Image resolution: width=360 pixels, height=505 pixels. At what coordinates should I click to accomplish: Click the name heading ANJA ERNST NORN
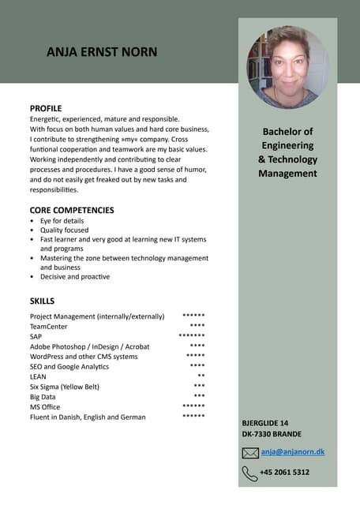[x=102, y=52]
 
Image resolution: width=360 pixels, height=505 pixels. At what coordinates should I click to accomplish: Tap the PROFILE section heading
[x=46, y=108]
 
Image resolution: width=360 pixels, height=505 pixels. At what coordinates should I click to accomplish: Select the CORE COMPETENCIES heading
[x=72, y=211]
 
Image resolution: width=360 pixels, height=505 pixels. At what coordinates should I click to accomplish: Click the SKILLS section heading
[x=42, y=301]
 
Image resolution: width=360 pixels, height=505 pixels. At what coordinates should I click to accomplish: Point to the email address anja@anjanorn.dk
[x=293, y=452]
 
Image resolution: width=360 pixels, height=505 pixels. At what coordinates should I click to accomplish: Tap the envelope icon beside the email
[x=250, y=453]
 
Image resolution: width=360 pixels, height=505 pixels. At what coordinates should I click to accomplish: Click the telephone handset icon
[x=250, y=473]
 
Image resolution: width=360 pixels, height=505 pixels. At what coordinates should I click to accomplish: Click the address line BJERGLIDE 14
[x=265, y=423]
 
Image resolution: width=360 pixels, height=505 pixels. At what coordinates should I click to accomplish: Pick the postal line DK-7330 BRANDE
[x=272, y=434]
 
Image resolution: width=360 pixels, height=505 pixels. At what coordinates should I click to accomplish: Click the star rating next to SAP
[x=192, y=336]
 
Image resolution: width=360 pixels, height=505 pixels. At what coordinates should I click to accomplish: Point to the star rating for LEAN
[x=201, y=376]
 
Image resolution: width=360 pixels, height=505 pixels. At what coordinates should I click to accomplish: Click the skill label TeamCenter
[x=49, y=327]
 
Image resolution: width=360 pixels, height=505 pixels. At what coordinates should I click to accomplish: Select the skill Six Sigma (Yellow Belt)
[x=65, y=387]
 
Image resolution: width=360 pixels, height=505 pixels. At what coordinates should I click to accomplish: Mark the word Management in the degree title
[x=287, y=174]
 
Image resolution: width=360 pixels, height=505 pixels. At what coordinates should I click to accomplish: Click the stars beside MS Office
[x=193, y=406]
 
